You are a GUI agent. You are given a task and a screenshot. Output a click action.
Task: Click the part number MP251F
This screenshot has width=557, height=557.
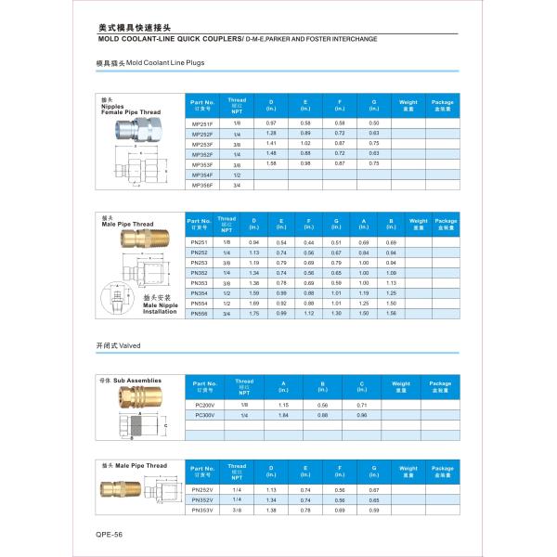pyautogui.click(x=201, y=123)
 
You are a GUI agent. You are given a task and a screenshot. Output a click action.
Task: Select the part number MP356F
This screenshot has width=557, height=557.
pyautogui.click(x=201, y=185)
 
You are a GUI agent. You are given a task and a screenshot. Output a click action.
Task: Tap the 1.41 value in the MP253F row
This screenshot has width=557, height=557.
pyautogui.click(x=272, y=144)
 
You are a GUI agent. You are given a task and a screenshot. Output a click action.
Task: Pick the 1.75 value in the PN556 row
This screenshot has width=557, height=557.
pyautogui.click(x=253, y=313)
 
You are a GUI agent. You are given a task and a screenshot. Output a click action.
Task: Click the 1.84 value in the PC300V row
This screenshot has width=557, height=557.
pyautogui.click(x=284, y=415)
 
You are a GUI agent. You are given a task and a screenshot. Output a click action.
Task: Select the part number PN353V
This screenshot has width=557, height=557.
pyautogui.click(x=201, y=510)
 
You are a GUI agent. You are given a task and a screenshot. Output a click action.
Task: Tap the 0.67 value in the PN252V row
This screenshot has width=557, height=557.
pyautogui.click(x=374, y=489)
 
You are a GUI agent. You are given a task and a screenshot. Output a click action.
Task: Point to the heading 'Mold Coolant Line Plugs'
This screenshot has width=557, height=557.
pyautogui.click(x=149, y=63)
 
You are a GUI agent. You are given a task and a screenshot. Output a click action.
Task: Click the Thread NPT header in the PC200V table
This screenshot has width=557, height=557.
pyautogui.click(x=244, y=386)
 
